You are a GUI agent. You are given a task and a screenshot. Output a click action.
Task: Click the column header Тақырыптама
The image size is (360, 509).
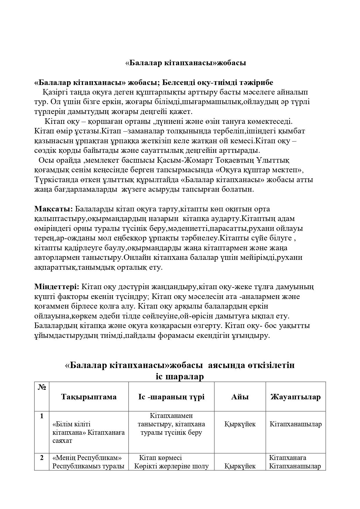coord(89,397)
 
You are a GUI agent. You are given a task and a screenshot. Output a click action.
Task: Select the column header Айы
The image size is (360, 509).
coord(240,397)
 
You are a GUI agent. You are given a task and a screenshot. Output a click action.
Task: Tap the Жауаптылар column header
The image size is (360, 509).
coord(296,397)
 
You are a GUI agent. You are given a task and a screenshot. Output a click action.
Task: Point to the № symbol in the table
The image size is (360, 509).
coord(42,387)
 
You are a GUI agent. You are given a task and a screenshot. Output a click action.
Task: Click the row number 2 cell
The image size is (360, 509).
coord(42,458)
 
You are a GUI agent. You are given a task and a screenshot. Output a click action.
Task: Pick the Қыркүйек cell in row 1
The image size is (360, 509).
coord(240,424)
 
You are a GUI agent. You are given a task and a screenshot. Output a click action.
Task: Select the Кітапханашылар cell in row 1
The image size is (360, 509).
coord(296,424)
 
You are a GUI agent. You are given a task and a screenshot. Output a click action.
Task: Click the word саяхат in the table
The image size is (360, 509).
coord(62,441)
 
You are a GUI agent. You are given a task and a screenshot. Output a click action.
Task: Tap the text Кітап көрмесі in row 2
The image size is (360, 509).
coord(160,458)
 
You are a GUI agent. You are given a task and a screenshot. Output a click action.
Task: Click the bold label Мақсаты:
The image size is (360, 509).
coord(54,209)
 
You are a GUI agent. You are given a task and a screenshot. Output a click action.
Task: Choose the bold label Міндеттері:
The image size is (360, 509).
coord(57,287)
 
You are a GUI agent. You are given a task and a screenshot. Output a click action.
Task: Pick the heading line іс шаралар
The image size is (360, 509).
coord(180,376)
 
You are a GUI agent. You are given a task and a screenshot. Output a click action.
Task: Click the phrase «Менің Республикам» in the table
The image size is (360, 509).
coord(87,458)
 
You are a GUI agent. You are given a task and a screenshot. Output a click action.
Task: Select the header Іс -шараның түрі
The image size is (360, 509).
coord(171,397)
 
